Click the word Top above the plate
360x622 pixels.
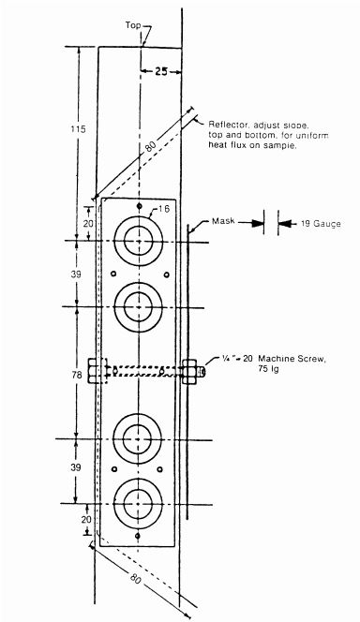coord(133,25)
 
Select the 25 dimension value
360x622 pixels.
coord(160,72)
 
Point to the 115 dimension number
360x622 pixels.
coord(78,129)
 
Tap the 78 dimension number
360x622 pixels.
coord(78,374)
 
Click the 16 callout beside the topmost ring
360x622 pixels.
coord(163,209)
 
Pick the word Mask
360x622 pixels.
coord(223,221)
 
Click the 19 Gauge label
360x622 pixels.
coord(321,224)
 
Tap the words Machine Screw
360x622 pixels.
coord(292,359)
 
